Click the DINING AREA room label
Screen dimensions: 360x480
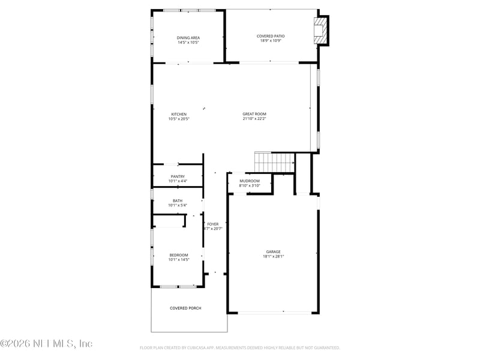tap(188, 38)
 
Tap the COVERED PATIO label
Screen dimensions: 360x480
tap(271, 36)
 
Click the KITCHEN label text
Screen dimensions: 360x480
tap(179, 114)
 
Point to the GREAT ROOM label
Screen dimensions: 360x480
tap(254, 114)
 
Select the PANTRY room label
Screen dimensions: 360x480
tap(178, 176)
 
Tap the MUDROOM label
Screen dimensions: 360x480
tap(250, 181)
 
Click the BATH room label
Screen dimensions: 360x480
tap(178, 201)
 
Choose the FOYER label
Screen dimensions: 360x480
tap(213, 224)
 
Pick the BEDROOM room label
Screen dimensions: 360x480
tap(179, 255)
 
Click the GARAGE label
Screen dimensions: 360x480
tap(274, 251)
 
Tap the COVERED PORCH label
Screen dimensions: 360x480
tap(185, 308)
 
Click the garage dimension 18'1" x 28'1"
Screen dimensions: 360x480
tap(274, 256)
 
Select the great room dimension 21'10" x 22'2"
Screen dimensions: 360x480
tap(254, 119)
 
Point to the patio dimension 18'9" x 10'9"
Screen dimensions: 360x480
tap(271, 41)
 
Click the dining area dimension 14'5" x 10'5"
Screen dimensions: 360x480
tap(188, 43)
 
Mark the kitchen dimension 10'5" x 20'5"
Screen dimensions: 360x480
tap(179, 119)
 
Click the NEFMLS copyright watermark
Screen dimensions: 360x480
tap(46, 344)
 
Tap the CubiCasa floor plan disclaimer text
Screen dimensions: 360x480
tap(240, 347)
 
